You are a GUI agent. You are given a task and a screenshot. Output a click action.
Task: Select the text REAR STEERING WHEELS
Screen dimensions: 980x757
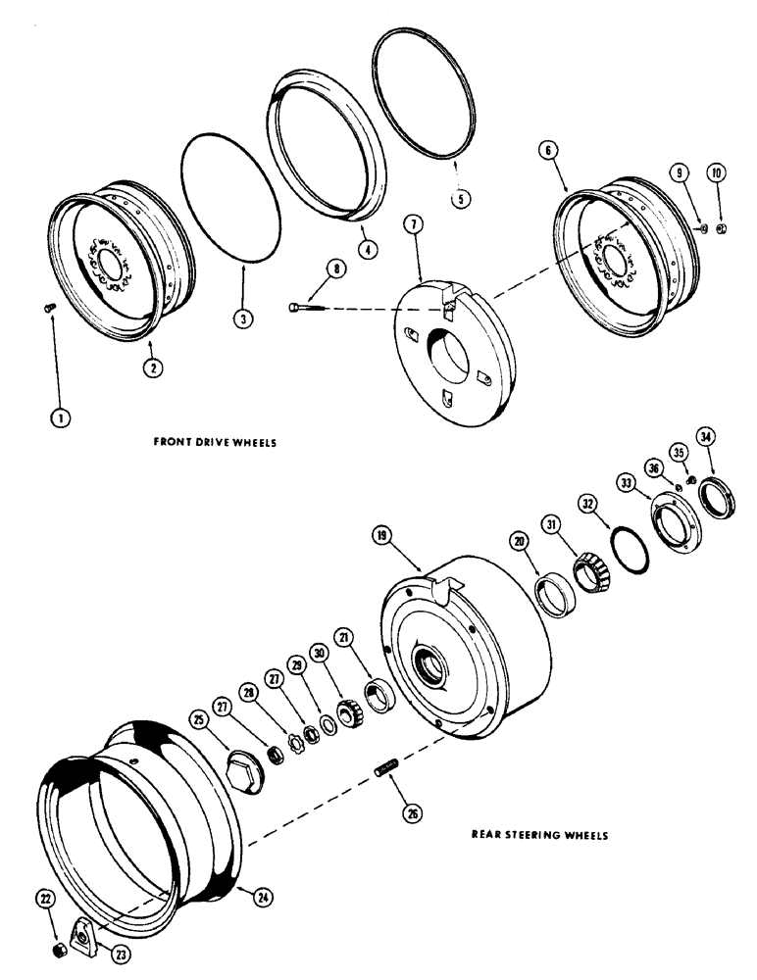coord(538,836)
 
